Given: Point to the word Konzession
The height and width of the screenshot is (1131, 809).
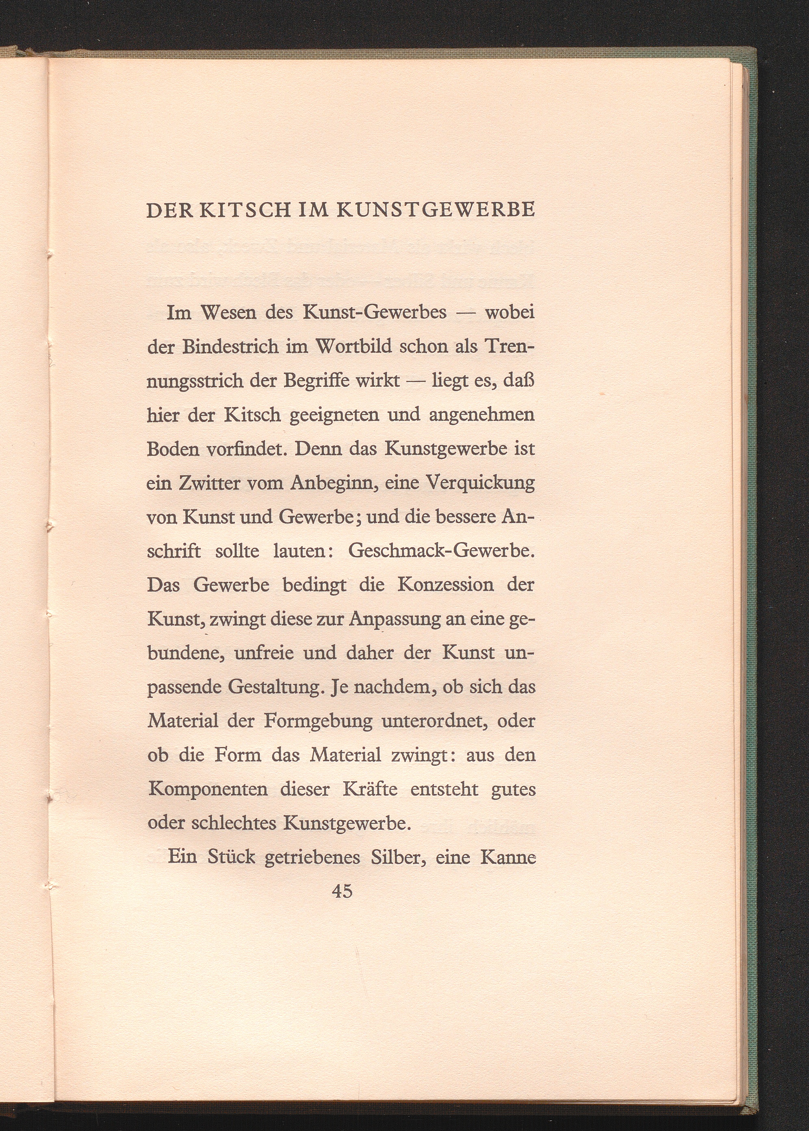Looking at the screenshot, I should click(445, 585).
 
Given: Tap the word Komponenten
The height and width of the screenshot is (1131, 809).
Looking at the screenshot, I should click(208, 789).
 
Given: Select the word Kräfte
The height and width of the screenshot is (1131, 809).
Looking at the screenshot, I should click(370, 789).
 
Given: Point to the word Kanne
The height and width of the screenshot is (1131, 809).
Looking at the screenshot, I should click(508, 857).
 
